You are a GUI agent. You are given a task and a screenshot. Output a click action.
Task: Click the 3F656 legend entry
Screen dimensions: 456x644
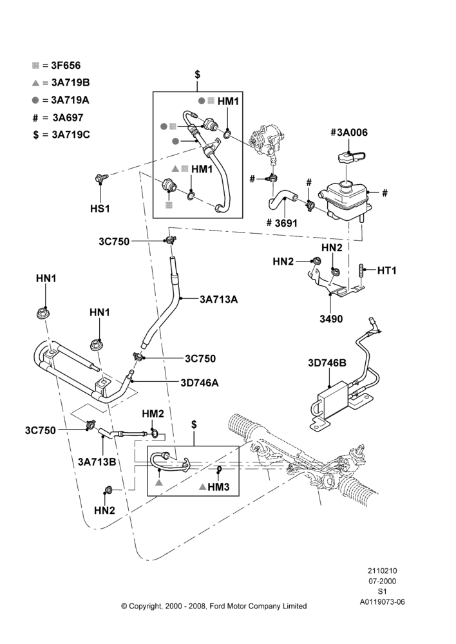[x=56, y=66]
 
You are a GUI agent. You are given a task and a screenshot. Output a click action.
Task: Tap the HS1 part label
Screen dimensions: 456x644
[x=100, y=209]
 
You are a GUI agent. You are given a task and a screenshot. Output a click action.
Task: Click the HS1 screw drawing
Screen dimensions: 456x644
[x=101, y=178]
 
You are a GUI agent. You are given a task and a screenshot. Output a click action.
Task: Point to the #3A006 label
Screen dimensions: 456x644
[x=349, y=132]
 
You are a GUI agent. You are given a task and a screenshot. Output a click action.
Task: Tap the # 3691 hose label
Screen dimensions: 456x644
[x=281, y=223]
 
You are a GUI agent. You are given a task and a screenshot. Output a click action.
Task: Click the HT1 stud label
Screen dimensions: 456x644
[x=386, y=270]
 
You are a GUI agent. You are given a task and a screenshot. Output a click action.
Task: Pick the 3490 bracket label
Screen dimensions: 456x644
[x=331, y=319]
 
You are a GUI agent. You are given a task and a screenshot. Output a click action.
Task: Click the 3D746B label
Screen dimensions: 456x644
[x=327, y=363]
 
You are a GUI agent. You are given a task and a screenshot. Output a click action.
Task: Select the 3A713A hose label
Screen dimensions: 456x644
[x=218, y=299]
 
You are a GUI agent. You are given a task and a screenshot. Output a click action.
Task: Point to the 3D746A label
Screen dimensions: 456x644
[x=199, y=383]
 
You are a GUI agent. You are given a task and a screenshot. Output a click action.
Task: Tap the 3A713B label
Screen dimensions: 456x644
[x=97, y=462]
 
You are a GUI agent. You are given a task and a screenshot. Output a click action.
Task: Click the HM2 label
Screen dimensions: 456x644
[x=153, y=414]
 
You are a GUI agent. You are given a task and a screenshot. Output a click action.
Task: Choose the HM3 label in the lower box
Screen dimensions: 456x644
[x=218, y=487]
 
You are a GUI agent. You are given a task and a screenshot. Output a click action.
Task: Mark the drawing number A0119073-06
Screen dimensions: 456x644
[x=382, y=602]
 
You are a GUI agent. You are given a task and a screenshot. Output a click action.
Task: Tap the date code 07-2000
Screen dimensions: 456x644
[x=382, y=581]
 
